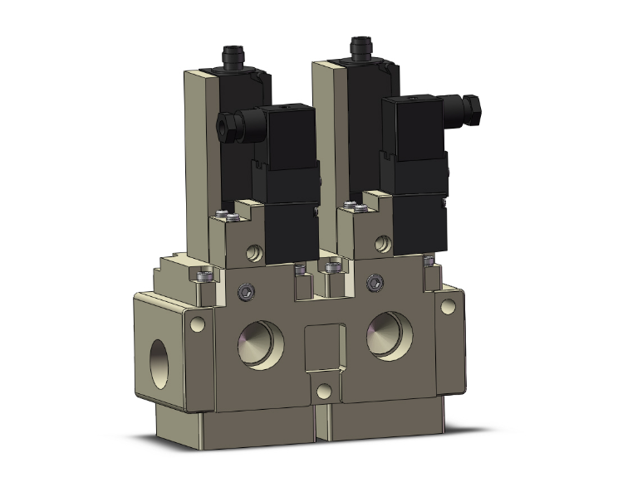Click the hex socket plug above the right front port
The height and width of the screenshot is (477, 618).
(x=374, y=285)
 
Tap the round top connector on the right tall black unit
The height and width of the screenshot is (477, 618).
(x=361, y=45)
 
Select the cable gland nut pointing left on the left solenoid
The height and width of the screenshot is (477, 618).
(x=225, y=124)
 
